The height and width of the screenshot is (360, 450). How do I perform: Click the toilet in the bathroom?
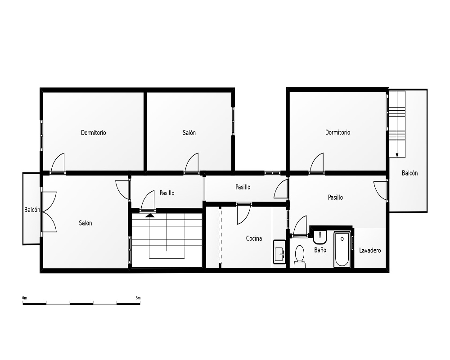click(300, 256)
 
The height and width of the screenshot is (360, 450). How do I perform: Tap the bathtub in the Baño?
click(342, 249)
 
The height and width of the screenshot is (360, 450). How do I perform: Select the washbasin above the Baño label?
click(319, 237)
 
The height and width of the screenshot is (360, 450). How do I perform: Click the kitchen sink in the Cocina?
click(279, 252)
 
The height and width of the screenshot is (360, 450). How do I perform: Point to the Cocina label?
click(254, 238)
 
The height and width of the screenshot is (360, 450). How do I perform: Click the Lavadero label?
click(370, 250)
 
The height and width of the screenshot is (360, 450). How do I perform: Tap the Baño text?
click(320, 250)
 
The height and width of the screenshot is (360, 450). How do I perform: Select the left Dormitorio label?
click(93, 133)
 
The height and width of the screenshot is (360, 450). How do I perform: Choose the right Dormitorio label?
click(337, 132)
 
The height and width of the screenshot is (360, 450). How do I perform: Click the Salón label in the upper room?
click(189, 132)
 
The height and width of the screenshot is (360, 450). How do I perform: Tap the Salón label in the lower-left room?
click(85, 223)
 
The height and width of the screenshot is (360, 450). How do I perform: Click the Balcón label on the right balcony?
click(409, 173)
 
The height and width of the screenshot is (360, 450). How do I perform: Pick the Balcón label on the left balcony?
click(32, 210)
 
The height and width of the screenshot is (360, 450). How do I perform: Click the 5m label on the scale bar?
click(138, 298)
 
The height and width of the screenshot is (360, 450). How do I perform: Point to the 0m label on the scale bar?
click(25, 298)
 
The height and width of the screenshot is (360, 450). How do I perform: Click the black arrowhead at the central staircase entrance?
click(150, 215)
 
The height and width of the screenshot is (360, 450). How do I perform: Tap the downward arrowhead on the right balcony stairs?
click(397, 155)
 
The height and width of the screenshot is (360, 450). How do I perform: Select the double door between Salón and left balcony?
click(49, 212)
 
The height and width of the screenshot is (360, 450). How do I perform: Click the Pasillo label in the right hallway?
click(336, 197)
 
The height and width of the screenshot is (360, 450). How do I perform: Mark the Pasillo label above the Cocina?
click(243, 187)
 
